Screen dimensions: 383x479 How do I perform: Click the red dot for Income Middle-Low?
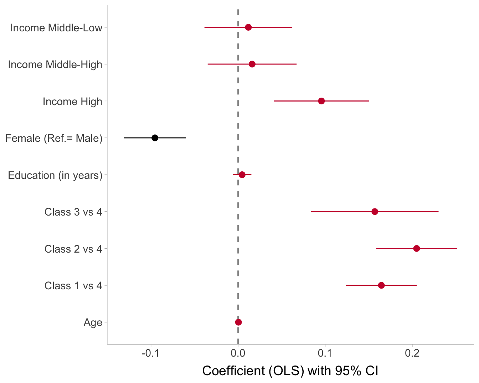(x=248, y=27)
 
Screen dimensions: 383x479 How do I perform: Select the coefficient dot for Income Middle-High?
(x=252, y=64)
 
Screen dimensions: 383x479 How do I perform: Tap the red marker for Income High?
(x=321, y=101)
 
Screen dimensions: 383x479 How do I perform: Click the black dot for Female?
(x=155, y=138)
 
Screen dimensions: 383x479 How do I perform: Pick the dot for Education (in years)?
(x=242, y=175)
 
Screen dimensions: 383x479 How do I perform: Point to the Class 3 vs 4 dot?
(x=375, y=212)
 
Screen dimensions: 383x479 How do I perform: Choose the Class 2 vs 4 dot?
(x=416, y=248)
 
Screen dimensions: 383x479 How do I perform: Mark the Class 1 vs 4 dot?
(x=381, y=285)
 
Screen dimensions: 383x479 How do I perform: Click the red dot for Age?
(x=238, y=322)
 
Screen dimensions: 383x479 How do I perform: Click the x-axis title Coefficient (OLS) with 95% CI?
(x=290, y=371)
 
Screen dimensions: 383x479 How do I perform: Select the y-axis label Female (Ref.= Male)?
(x=54, y=138)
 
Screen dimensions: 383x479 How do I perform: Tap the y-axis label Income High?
(x=72, y=102)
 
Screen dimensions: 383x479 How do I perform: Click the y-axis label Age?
(x=93, y=322)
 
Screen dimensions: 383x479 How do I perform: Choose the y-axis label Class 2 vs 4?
(x=73, y=249)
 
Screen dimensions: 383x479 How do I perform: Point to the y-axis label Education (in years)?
(x=55, y=175)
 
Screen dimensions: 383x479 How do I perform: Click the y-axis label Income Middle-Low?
(x=56, y=28)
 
